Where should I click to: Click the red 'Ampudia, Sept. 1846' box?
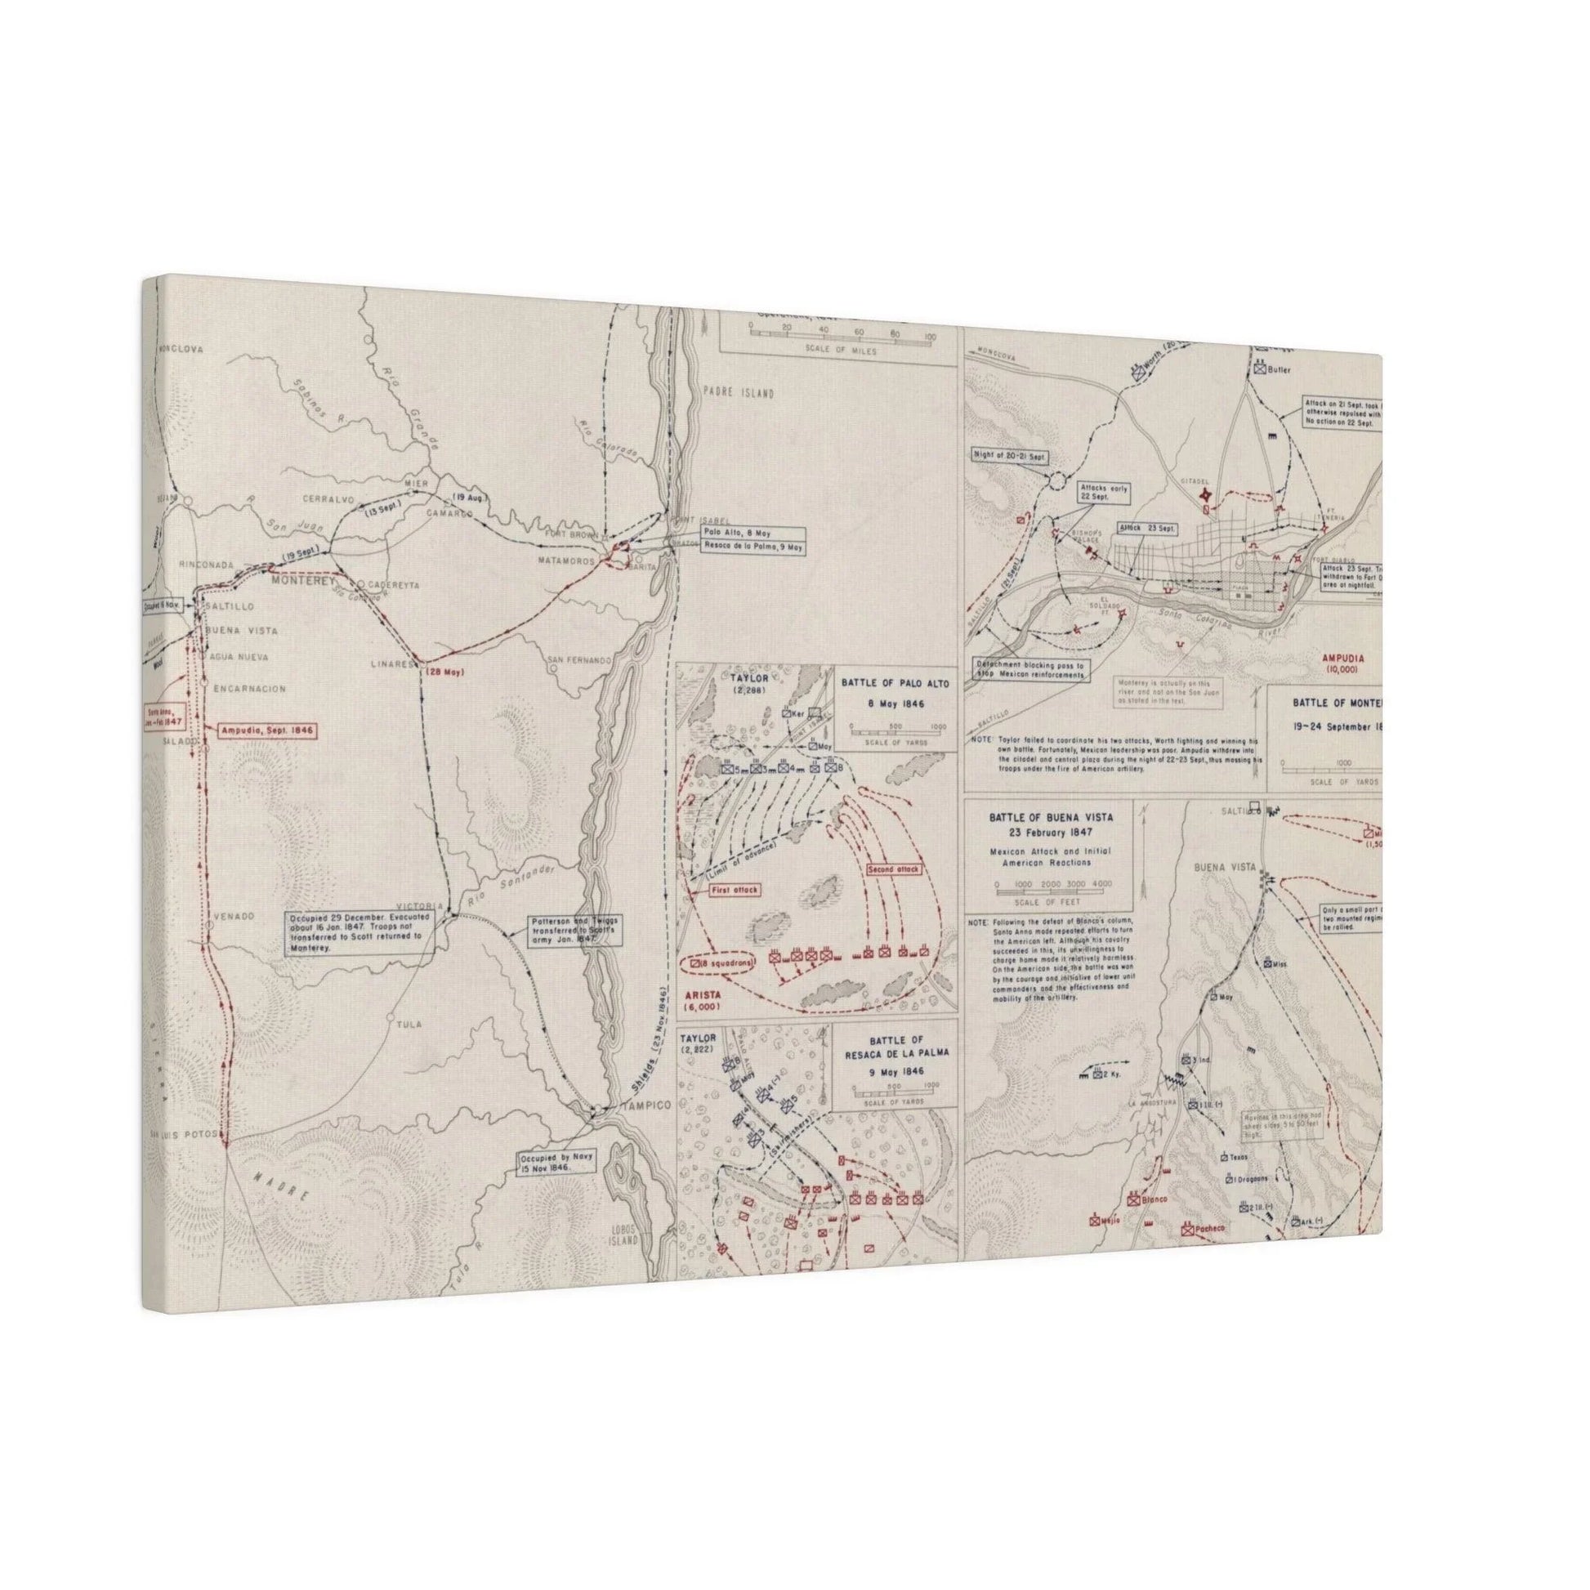tap(266, 730)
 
